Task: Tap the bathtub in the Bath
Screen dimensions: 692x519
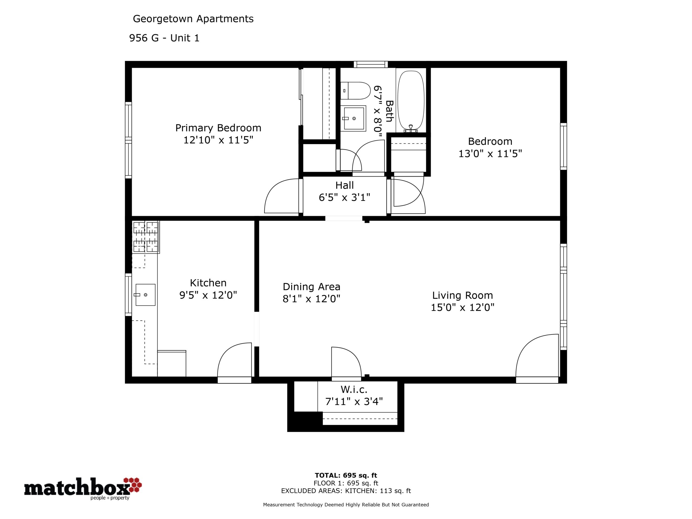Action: point(411,101)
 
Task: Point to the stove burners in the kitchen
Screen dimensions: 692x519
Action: point(146,237)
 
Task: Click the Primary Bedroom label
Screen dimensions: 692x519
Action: point(218,128)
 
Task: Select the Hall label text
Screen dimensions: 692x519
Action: point(344,185)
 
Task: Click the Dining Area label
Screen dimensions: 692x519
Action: point(311,287)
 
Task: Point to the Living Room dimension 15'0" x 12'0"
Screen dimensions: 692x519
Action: point(463,308)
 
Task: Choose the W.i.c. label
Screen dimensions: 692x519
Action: point(354,390)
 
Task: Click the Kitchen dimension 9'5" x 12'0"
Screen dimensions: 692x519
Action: point(208,295)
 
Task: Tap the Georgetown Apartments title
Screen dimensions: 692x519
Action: point(193,19)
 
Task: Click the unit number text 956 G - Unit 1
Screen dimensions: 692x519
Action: point(164,38)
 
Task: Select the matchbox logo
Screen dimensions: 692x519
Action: point(83,488)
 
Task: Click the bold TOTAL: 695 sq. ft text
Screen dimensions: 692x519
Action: point(346,476)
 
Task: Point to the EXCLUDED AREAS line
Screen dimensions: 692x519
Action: point(346,491)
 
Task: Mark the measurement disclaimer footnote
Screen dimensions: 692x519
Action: point(346,505)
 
